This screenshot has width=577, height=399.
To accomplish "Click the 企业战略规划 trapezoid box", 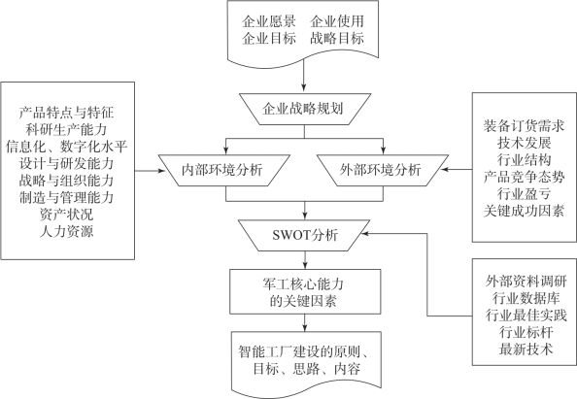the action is [304, 110].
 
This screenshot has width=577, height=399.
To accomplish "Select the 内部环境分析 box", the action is [224, 170].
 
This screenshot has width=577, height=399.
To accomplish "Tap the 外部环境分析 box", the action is [383, 170].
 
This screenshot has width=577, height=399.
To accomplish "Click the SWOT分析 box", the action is [304, 235].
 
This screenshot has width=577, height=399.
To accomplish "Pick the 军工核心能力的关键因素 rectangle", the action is [305, 291].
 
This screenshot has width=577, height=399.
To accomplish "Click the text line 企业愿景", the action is [269, 21].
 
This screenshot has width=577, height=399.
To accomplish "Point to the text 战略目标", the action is [337, 38].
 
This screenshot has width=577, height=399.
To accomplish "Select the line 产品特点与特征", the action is [67, 113].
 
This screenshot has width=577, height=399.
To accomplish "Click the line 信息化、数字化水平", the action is [67, 147].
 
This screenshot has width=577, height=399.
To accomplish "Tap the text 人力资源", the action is [67, 231].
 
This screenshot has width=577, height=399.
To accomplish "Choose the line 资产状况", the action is [67, 215].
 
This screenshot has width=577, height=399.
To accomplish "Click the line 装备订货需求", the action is [524, 126].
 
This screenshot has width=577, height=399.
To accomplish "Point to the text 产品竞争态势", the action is [524, 178].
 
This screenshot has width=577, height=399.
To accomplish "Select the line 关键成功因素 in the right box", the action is [524, 211].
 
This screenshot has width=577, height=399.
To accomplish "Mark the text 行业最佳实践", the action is [526, 316].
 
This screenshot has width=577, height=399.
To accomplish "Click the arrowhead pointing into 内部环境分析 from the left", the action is [161, 171].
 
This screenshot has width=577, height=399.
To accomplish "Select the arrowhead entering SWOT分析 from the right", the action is [364, 233].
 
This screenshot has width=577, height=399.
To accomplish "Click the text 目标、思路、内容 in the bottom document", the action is [307, 369].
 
